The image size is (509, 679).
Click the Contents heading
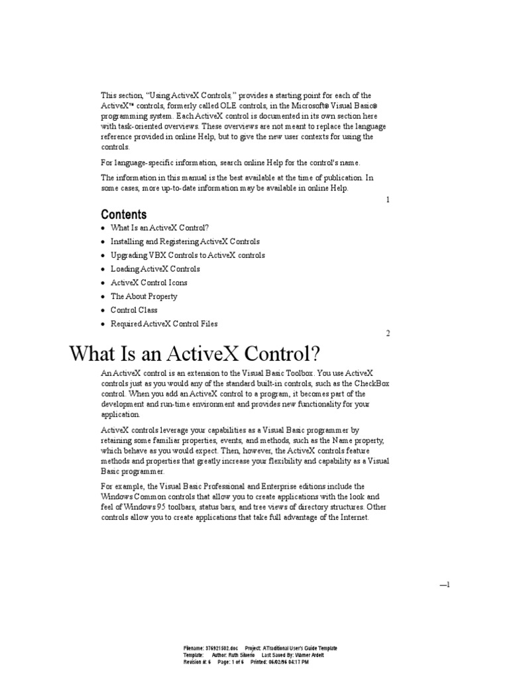click(x=124, y=214)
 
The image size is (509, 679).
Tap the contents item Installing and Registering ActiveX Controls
click(x=185, y=242)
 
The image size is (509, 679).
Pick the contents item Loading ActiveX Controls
click(x=155, y=269)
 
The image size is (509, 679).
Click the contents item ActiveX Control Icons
click(x=148, y=282)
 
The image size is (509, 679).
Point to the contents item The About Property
click(x=144, y=296)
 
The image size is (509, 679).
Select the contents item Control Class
click(x=134, y=310)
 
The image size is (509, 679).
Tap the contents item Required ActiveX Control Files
click(x=164, y=324)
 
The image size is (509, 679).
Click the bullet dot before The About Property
click(x=103, y=297)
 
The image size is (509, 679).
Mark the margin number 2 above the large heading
click(x=388, y=334)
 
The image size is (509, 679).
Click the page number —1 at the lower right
click(x=445, y=584)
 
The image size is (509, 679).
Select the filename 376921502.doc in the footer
click(x=222, y=648)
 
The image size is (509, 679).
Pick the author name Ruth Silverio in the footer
click(x=241, y=654)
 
